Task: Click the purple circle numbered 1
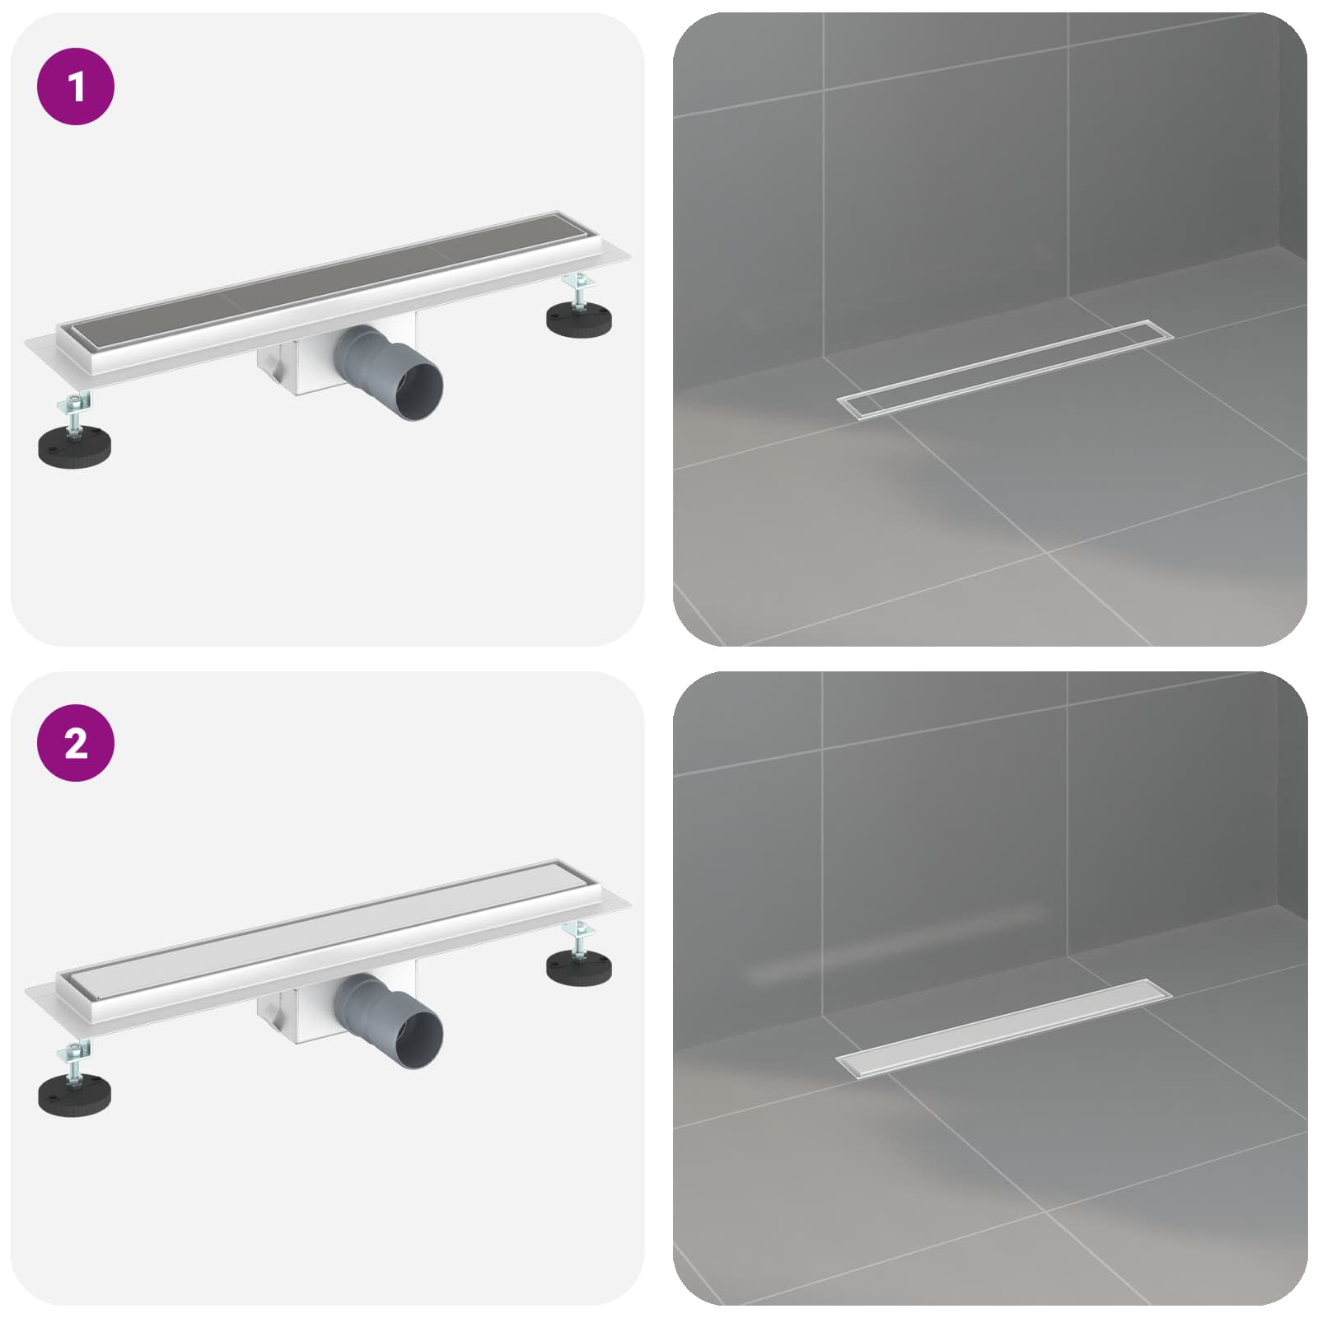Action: (76, 86)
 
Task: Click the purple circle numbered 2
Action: (76, 743)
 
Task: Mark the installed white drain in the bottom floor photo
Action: (1003, 1028)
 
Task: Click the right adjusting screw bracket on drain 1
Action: (579, 290)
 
